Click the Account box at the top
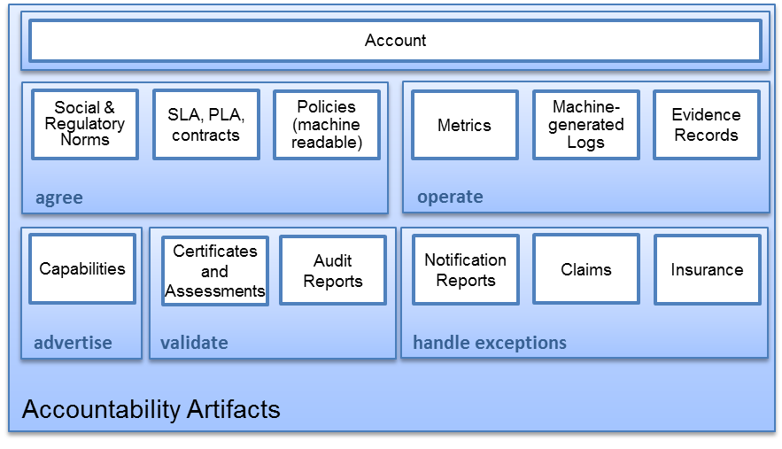[x=395, y=41]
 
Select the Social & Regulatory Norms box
[x=85, y=125]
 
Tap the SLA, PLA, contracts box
[x=205, y=125]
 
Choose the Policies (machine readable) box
[x=327, y=125]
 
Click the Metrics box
[x=464, y=125]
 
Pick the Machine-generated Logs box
[x=585, y=125]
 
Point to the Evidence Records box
[x=706, y=125]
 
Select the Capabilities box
[x=82, y=269]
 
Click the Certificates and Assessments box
[x=214, y=271]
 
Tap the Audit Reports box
[x=333, y=271]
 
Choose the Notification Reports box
[x=465, y=270]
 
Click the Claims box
[x=585, y=270]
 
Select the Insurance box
[x=707, y=270]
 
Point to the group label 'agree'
[x=59, y=197]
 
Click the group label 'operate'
[x=450, y=197]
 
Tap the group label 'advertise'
[x=73, y=343]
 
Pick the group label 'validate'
[x=194, y=343]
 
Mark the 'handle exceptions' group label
[x=490, y=343]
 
